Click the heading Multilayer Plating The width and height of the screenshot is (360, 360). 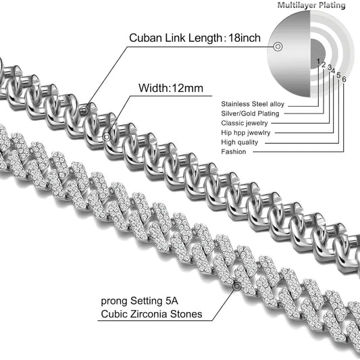click(x=311, y=5)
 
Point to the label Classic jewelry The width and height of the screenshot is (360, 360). click(x=244, y=123)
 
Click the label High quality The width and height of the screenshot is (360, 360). click(x=239, y=143)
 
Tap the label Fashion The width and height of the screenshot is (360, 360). click(x=233, y=152)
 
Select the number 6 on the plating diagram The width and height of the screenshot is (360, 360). click(x=344, y=78)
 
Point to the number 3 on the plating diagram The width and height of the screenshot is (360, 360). click(x=329, y=68)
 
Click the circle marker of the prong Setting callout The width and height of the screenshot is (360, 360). click(x=236, y=286)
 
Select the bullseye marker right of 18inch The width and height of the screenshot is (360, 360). click(x=278, y=46)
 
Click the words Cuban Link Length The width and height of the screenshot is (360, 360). click(x=174, y=38)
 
